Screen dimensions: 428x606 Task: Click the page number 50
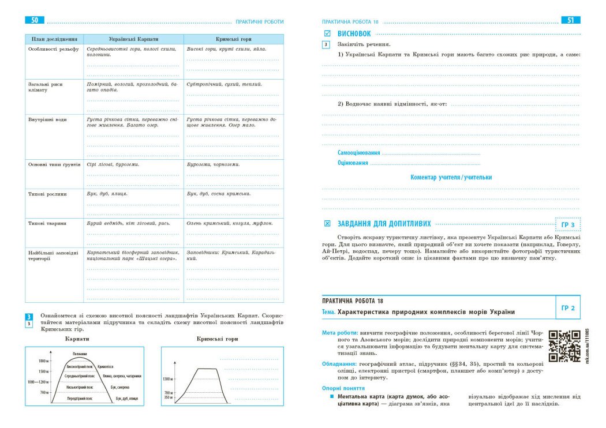point(35,20)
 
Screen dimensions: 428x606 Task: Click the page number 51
point(570,20)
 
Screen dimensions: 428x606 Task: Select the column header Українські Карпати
point(133,39)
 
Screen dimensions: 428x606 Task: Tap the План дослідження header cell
point(53,39)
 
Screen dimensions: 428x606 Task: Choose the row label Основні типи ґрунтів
point(54,164)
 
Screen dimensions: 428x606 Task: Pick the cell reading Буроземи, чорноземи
point(214,164)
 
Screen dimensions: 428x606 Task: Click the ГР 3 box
point(567,225)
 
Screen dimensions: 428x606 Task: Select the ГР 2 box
point(567,308)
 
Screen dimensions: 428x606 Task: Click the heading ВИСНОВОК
point(354,34)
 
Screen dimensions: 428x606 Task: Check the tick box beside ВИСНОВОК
point(327,34)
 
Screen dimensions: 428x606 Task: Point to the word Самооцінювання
point(358,153)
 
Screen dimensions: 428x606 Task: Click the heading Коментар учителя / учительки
point(451,178)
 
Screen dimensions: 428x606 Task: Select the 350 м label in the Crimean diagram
point(167,397)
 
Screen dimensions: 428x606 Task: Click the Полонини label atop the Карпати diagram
point(80,353)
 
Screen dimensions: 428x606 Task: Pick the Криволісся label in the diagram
point(105,366)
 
